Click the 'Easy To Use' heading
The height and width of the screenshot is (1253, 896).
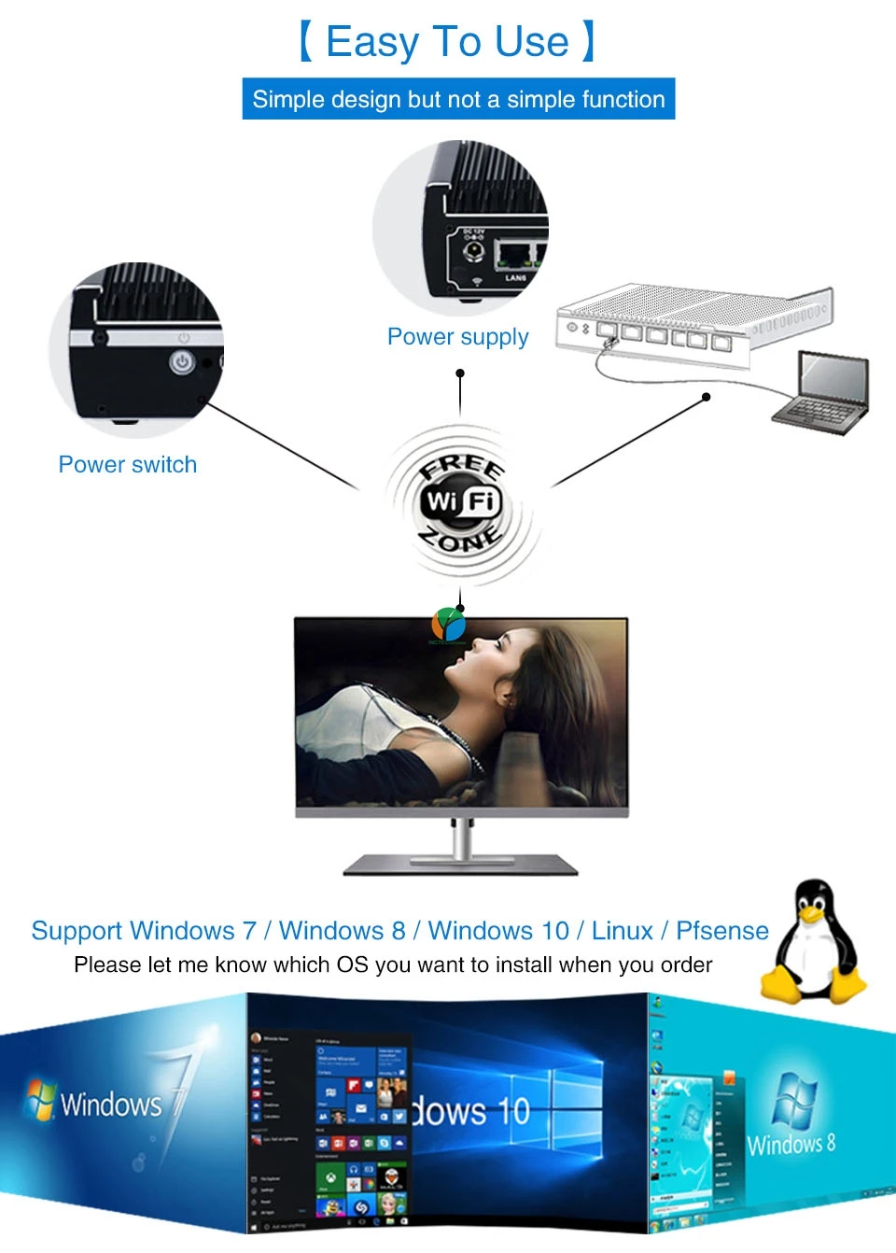pos(448,42)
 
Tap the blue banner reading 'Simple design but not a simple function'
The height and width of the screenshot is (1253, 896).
pos(458,99)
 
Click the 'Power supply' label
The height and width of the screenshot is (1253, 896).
pos(457,336)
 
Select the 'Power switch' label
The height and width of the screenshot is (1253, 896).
pos(128,464)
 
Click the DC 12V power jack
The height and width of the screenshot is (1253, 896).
pos(474,251)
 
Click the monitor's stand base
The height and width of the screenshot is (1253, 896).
pos(461,866)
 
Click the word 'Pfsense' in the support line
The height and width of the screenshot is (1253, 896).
pos(721,931)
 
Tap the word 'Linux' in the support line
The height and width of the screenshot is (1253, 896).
pos(622,931)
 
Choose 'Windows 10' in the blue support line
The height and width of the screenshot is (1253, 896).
pos(498,931)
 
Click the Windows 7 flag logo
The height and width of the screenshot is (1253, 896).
pos(40,1100)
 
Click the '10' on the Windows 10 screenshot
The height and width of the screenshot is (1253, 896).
pos(513,1111)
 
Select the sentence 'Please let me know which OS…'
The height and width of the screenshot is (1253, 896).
pos(393,964)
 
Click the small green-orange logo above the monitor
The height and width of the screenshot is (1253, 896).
pos(448,624)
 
